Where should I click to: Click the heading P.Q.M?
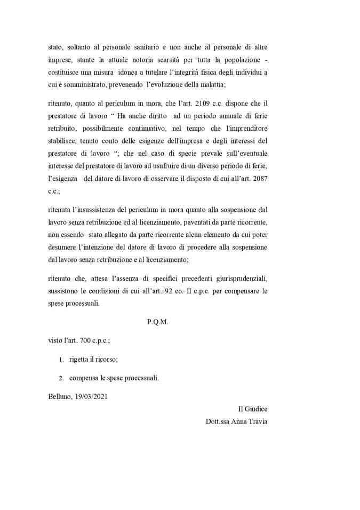pyautogui.click(x=157, y=322)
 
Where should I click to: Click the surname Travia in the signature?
pyautogui.click(x=256, y=421)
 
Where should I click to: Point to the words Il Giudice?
pyautogui.click(x=252, y=409)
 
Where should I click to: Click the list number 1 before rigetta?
pyautogui.click(x=61, y=360)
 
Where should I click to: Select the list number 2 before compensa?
pyautogui.click(x=61, y=378)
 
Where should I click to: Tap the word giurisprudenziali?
pyautogui.click(x=240, y=280)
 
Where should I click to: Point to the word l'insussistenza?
pyautogui.click(x=98, y=209)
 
